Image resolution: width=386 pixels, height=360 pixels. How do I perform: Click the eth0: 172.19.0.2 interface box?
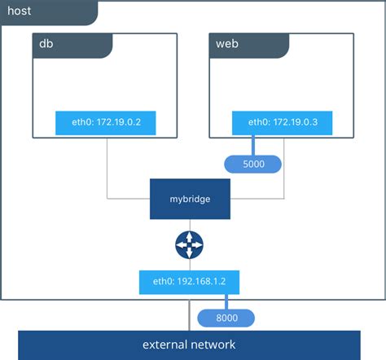pos(106,123)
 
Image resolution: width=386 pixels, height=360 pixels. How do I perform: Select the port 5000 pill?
pos(252,165)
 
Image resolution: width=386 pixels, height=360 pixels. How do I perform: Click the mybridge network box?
pos(190,199)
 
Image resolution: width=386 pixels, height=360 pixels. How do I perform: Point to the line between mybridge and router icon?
pos(190,224)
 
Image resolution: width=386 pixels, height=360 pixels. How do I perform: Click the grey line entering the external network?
pos(190,314)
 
